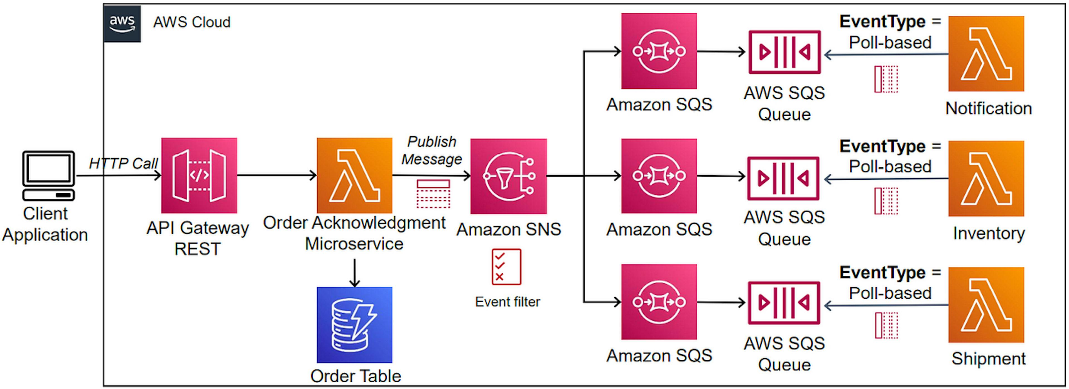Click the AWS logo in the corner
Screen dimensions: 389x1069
pos(122,24)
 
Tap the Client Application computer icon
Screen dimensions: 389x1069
pos(48,175)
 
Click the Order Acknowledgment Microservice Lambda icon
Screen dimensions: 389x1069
pos(354,175)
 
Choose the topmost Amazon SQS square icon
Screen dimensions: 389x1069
pos(659,51)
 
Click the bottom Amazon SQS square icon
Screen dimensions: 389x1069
pos(659,302)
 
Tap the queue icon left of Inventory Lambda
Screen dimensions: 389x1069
pos(783,178)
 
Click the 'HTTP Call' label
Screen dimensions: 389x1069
pos(123,163)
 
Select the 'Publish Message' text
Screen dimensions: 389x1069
pos(431,150)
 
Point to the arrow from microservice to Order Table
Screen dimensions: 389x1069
pos(354,272)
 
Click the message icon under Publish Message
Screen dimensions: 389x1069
pos(433,194)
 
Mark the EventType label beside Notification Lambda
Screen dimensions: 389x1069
pos(889,22)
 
